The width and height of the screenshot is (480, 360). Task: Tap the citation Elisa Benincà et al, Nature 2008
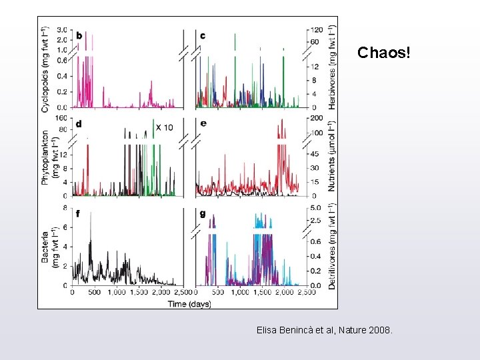[325, 330]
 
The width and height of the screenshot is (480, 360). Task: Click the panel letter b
[79, 35]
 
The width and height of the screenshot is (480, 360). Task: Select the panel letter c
[203, 35]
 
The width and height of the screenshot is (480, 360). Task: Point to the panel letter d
[79, 123]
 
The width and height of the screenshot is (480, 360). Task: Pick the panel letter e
[203, 123]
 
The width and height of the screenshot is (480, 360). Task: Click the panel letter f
[79, 213]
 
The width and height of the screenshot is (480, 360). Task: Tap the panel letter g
[203, 213]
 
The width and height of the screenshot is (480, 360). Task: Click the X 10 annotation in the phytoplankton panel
[164, 127]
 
